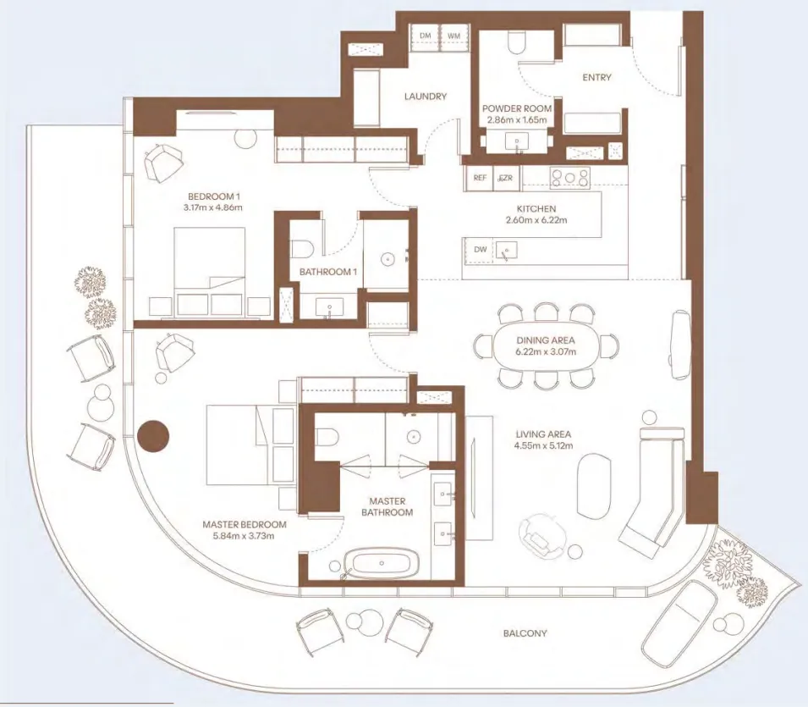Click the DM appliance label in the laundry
click(425, 36)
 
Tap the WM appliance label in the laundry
click(453, 36)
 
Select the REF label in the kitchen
click(480, 178)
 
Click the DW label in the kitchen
click(480, 249)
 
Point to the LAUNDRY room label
click(425, 97)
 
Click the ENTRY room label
click(596, 78)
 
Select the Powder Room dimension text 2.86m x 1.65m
click(516, 120)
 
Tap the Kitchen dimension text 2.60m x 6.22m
click(536, 220)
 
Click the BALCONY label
click(525, 632)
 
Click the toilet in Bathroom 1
click(302, 247)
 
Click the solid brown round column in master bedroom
click(153, 437)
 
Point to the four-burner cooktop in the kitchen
click(570, 178)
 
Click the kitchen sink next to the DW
click(508, 250)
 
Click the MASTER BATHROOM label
click(388, 506)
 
